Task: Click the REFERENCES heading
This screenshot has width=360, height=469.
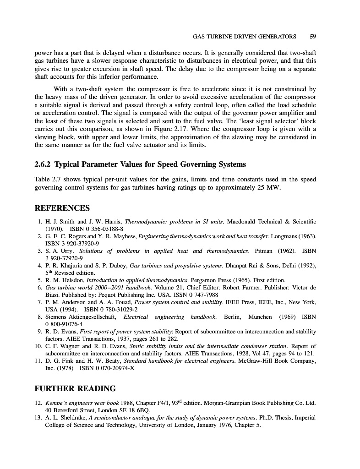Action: pos(62,208)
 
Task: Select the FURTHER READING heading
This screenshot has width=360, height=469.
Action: pos(75,389)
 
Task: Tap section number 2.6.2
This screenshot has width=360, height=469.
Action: pos(45,164)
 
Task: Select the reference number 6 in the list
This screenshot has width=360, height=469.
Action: pos(40,287)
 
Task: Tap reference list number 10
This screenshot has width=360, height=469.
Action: pos(38,346)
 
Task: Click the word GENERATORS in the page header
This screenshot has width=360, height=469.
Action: pos(271,36)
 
